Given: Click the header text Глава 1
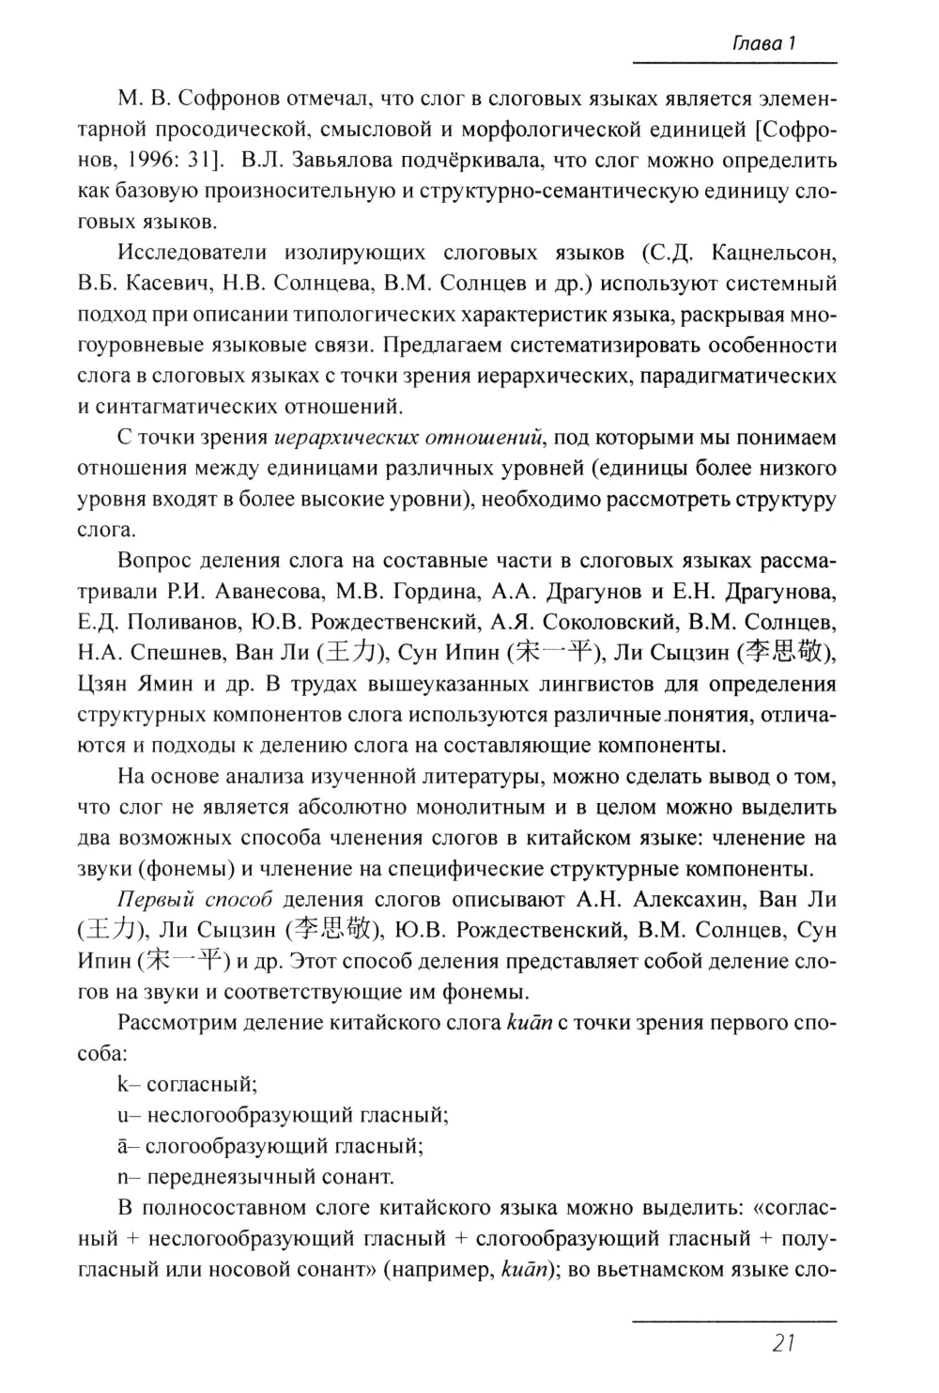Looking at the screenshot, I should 764,43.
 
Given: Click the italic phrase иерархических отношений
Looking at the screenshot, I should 409,438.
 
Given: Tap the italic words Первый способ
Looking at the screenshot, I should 194,900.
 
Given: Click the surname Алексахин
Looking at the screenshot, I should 690,900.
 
